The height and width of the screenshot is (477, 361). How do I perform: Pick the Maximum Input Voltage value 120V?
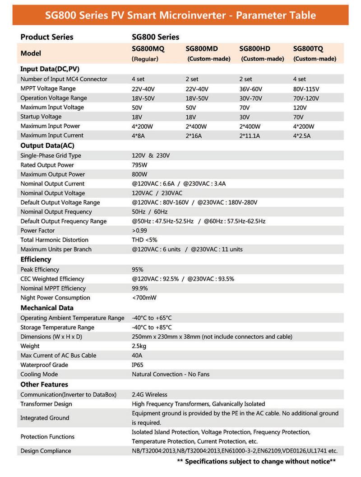coord(300,108)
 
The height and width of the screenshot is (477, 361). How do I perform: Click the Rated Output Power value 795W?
coord(139,165)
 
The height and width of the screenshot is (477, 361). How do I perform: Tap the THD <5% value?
coord(144,240)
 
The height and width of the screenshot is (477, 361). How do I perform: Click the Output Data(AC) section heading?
coord(47,145)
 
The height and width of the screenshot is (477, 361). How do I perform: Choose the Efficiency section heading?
coord(36,259)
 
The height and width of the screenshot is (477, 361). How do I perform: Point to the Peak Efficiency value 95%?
coord(138,270)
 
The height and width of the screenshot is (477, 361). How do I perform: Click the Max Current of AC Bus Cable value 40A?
coord(137,355)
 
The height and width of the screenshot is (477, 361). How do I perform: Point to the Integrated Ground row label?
coord(45,418)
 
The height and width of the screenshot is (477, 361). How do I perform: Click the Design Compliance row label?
coord(46,451)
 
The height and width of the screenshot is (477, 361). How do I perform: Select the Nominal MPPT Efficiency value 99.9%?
coord(140,288)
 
